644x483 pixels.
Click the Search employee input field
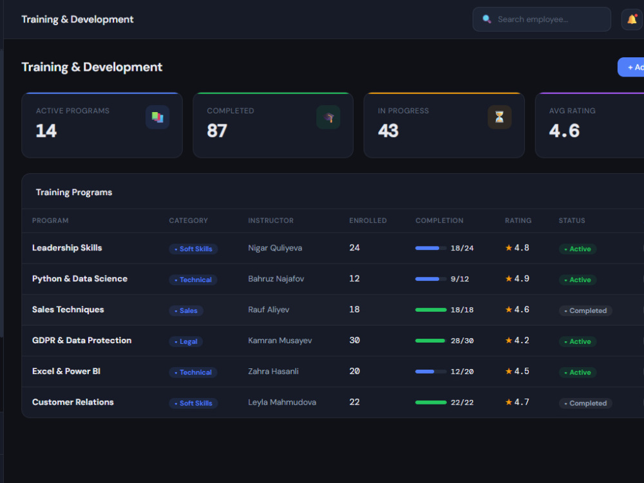(542, 19)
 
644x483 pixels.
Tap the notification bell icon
(632, 19)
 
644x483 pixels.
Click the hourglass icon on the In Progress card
(499, 117)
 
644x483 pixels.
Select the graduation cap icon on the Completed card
(328, 117)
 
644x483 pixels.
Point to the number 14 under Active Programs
(46, 131)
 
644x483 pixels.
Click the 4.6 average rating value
(564, 131)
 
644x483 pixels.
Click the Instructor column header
(270, 220)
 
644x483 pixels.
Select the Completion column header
(439, 220)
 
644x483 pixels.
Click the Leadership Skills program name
(67, 248)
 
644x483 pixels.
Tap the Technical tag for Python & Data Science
(193, 279)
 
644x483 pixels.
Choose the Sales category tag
(186, 310)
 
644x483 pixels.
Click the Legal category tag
(185, 341)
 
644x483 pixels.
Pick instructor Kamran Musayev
(279, 341)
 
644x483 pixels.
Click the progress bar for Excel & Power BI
(430, 372)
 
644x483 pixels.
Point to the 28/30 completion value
(462, 341)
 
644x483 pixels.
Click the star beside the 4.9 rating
(509, 278)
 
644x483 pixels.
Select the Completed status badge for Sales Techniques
(585, 310)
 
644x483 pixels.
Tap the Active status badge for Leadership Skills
(578, 249)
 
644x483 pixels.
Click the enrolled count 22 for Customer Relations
(354, 402)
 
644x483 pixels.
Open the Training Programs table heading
(74, 192)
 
